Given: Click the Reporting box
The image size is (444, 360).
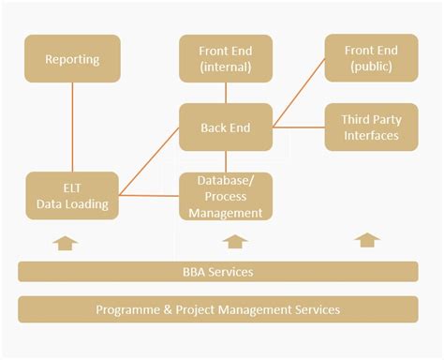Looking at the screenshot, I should click(72, 59).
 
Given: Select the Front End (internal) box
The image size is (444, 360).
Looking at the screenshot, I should click(226, 57).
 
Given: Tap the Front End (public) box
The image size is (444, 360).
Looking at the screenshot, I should click(371, 57).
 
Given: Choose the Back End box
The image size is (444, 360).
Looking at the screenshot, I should click(226, 127).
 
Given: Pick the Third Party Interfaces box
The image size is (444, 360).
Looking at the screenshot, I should click(371, 127).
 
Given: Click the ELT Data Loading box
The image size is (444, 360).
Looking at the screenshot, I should click(72, 196).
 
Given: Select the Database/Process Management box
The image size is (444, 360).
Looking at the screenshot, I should click(226, 196).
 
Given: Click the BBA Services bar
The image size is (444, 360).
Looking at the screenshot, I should click(217, 272).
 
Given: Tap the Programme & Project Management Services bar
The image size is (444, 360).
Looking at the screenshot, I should click(217, 308).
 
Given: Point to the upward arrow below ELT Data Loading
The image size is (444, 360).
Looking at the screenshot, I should click(66, 243).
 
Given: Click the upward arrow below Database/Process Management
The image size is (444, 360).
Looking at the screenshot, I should click(235, 243).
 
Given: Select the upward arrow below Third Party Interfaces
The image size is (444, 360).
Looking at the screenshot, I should click(367, 240).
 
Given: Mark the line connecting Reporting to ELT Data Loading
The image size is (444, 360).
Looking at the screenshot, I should click(72, 127).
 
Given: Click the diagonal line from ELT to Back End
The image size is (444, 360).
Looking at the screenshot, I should click(148, 162).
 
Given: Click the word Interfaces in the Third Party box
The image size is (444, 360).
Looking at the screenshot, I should click(371, 136).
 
